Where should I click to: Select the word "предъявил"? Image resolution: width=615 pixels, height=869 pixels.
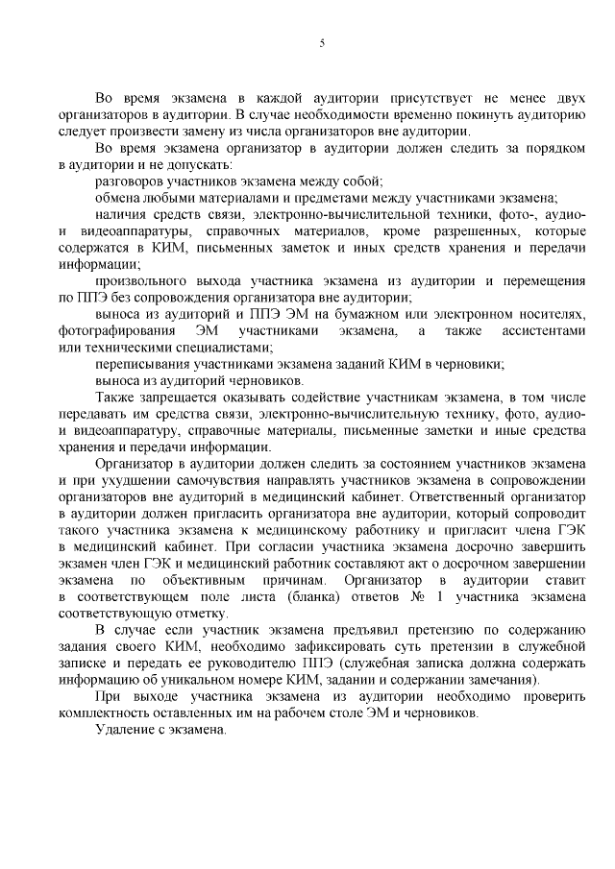[x=356, y=631]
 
